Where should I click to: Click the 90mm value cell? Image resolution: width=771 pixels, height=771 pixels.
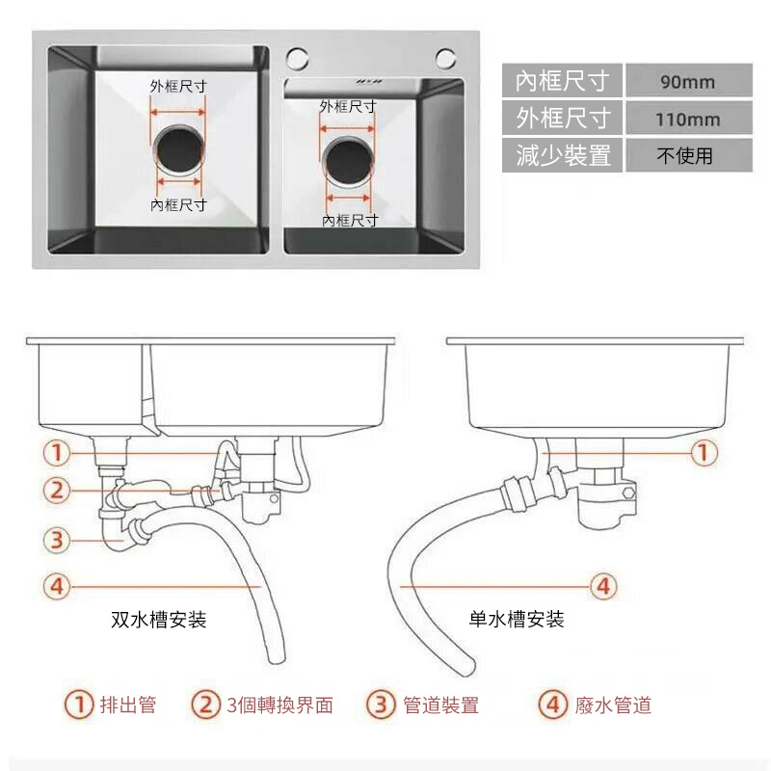point(688,81)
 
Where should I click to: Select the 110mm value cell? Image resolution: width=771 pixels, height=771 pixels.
point(688,120)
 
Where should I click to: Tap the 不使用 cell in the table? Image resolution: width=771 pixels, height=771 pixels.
point(688,155)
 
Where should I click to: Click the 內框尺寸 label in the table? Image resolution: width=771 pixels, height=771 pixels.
point(563,81)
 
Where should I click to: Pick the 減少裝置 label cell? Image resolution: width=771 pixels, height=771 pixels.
point(563,155)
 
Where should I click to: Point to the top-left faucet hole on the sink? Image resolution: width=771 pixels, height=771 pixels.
point(297,56)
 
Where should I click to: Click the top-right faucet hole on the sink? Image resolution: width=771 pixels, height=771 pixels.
point(445,58)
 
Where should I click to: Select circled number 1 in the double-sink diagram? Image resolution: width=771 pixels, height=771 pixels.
point(57,452)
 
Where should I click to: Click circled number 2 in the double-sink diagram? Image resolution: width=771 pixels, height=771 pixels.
point(57,490)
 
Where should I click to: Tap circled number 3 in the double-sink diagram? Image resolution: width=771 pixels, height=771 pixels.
point(57,540)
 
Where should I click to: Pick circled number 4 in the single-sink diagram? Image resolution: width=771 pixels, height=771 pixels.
point(603,585)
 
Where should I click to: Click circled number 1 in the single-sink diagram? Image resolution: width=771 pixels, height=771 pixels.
point(705,452)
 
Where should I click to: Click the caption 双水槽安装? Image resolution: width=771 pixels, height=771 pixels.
point(159,620)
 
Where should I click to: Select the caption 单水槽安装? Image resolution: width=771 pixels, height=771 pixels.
point(517,620)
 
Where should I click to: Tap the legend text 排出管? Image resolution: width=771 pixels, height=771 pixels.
point(128,705)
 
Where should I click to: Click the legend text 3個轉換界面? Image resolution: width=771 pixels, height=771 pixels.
point(280,705)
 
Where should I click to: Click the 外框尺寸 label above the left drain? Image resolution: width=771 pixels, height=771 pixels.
point(178,86)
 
